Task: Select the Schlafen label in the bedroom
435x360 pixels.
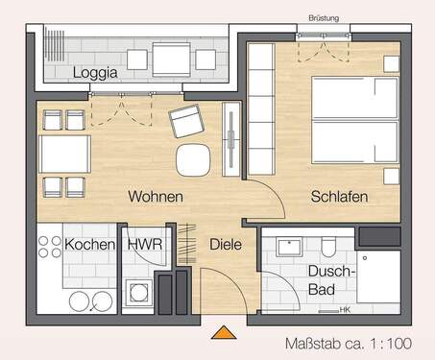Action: pos(340,197)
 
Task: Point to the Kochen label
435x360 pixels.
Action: pos(90,245)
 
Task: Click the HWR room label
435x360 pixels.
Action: pos(144,245)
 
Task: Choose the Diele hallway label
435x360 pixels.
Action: pos(226,245)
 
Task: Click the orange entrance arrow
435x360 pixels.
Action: pos(225,333)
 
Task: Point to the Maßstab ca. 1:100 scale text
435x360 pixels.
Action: pos(350,343)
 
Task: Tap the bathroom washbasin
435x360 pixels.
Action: pos(286,247)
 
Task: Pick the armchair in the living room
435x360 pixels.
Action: pos(186,122)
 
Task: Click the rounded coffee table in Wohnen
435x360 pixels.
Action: pos(192,159)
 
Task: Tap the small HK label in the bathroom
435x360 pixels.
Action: pos(345,309)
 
